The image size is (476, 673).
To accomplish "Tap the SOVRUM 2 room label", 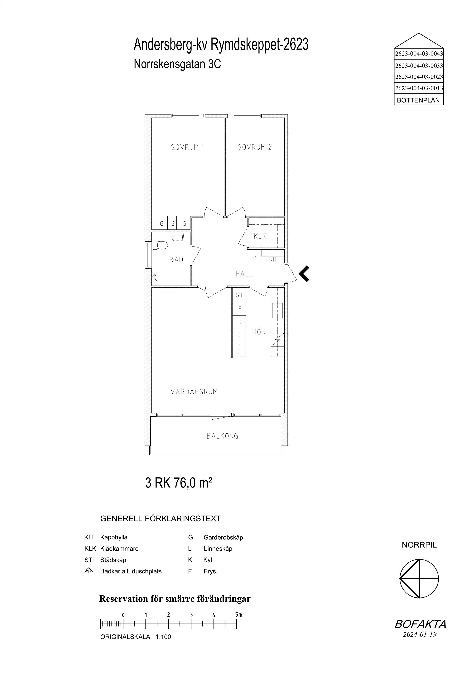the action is click(x=255, y=147).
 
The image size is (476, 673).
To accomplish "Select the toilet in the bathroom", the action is click(x=160, y=245).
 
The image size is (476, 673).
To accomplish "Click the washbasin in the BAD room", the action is click(x=177, y=237).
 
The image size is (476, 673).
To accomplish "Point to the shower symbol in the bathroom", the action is click(x=155, y=276).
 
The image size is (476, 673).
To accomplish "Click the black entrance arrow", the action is click(x=304, y=274).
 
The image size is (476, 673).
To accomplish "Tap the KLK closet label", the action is click(x=260, y=236).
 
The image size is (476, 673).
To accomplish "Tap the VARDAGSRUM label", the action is click(x=194, y=392).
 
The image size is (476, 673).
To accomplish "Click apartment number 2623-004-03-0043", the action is click(x=419, y=54).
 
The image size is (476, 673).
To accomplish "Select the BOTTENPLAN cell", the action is click(x=419, y=100).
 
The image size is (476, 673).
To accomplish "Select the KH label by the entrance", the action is click(x=273, y=259).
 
